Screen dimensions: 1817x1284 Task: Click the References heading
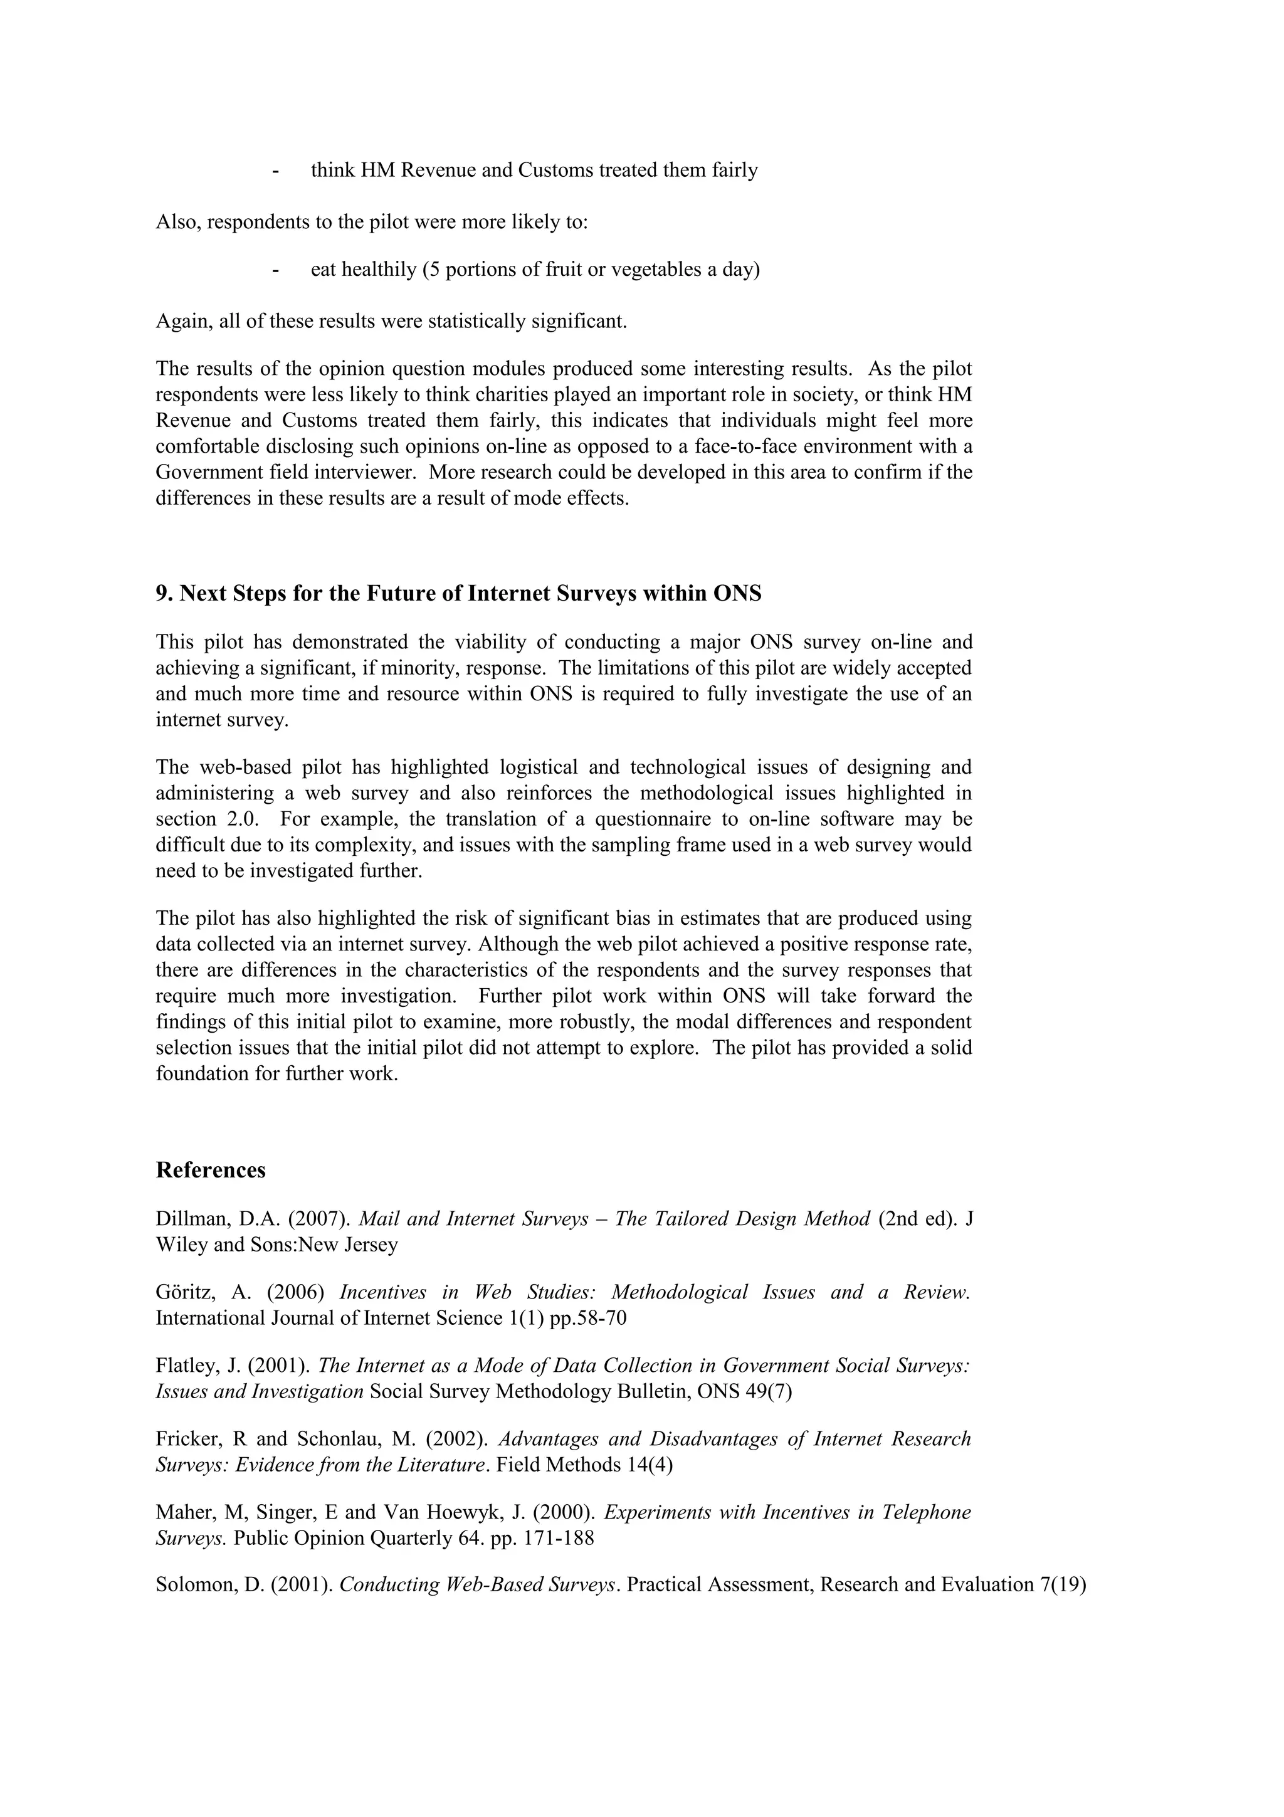click(x=211, y=1171)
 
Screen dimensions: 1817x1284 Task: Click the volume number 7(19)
click(x=1060, y=1585)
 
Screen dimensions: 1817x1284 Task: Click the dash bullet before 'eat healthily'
click(x=275, y=270)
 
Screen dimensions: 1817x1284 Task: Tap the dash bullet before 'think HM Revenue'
click(x=275, y=170)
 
